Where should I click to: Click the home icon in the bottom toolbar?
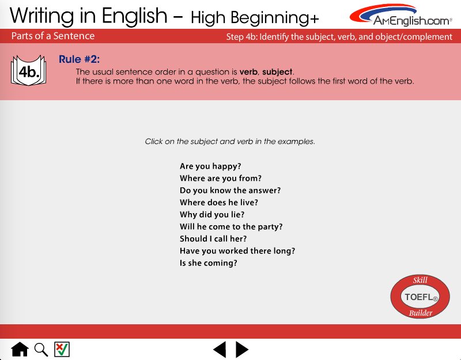pyautogui.click(x=20, y=350)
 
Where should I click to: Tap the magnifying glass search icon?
pyautogui.click(x=41, y=350)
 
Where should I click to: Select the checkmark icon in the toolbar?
pyautogui.click(x=62, y=349)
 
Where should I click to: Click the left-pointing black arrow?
pyautogui.click(x=220, y=350)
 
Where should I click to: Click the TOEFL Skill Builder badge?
pyautogui.click(x=420, y=297)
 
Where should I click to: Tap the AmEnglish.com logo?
pyautogui.click(x=401, y=15)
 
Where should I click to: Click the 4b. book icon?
pyautogui.click(x=28, y=70)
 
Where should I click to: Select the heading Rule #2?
pyautogui.click(x=79, y=59)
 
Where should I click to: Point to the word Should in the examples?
pyautogui.click(x=194, y=238)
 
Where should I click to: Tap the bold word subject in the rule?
pyautogui.click(x=277, y=72)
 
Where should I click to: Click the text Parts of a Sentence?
pyautogui.click(x=53, y=36)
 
